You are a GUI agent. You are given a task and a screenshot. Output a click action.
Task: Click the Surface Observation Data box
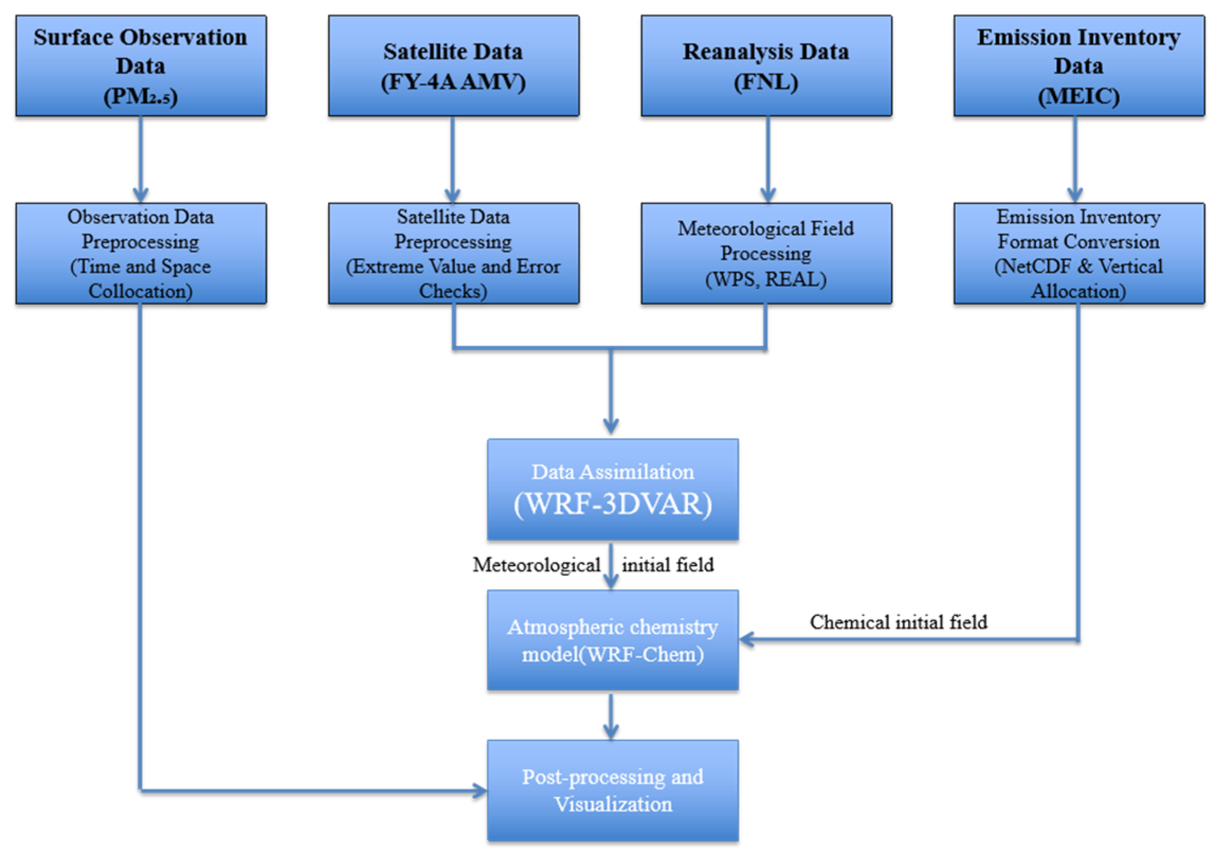click(141, 65)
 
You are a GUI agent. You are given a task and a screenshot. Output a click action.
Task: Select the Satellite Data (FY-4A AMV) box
click(453, 65)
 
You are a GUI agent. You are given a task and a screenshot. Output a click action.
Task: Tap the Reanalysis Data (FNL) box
click(766, 65)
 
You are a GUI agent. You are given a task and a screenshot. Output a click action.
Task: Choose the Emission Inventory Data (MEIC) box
click(1079, 65)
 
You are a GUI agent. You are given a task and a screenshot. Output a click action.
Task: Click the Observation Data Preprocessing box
click(141, 253)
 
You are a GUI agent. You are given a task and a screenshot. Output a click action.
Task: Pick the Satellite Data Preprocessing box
click(453, 253)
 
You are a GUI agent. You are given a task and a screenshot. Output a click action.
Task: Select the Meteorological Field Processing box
click(766, 253)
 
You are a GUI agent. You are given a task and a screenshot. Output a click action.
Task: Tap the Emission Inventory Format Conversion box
click(1079, 253)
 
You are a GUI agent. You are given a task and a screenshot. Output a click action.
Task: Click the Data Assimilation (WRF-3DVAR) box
click(612, 489)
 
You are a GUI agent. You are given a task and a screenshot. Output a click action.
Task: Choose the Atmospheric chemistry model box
click(612, 640)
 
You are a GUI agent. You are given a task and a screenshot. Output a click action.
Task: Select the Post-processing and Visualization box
click(612, 790)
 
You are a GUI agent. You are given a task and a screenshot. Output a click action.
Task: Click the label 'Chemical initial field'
click(898, 622)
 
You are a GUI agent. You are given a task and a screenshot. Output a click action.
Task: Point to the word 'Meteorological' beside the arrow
click(536, 564)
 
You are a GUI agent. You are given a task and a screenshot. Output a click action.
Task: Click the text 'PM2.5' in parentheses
click(141, 96)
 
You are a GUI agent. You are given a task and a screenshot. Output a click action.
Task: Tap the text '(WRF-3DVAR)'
click(612, 504)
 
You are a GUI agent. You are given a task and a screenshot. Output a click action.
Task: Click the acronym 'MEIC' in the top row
click(1079, 96)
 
